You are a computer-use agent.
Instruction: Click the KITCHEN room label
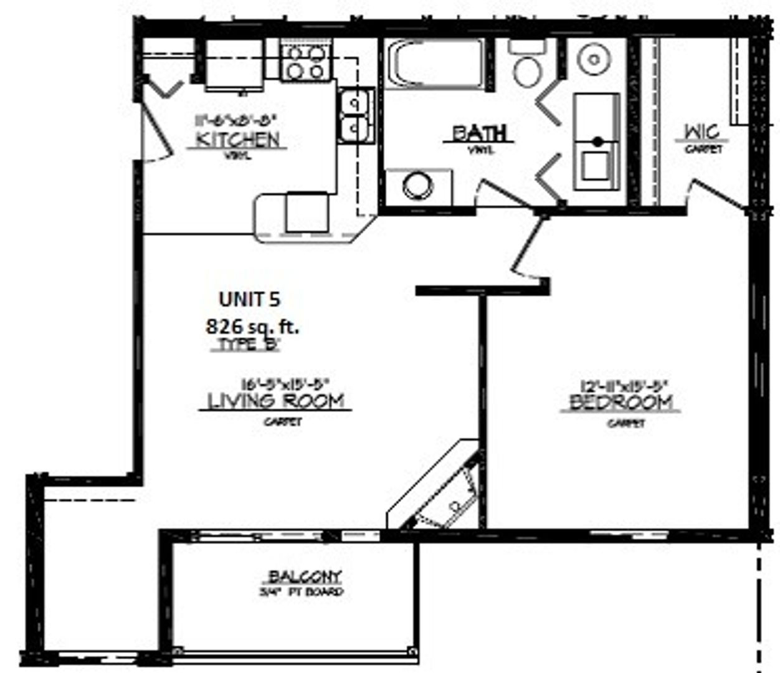click(x=237, y=139)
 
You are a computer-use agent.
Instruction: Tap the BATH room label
click(x=479, y=133)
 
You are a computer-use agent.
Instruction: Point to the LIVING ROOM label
click(x=275, y=401)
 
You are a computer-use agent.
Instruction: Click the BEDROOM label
click(x=621, y=403)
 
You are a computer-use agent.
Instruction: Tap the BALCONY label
click(x=305, y=576)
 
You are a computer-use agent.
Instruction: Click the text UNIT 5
click(x=249, y=300)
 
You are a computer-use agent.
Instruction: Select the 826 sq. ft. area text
click(x=252, y=326)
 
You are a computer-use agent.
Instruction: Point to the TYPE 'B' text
click(x=249, y=345)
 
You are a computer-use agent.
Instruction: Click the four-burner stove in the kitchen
click(x=305, y=62)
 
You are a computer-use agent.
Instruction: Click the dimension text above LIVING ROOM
click(x=285, y=384)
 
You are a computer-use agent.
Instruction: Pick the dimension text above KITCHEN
click(x=234, y=120)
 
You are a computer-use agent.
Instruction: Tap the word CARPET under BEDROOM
click(x=626, y=424)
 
